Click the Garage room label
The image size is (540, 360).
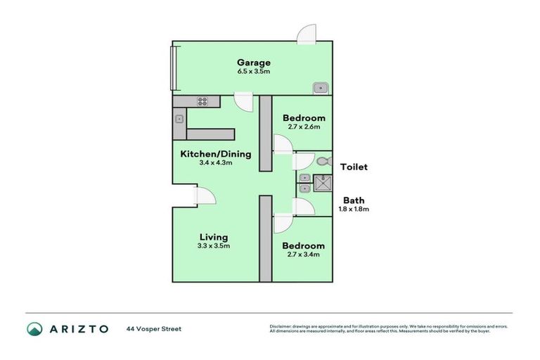[253, 63]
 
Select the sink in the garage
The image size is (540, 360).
[321, 87]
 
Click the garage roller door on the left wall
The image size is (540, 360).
[175, 67]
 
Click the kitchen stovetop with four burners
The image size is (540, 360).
[202, 101]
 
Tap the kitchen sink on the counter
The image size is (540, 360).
[179, 120]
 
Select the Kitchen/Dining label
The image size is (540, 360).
[215, 154]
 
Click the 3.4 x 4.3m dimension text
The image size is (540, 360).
[215, 162]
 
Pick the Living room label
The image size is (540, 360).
[213, 237]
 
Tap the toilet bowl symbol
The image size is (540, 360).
[323, 161]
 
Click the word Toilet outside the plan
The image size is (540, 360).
[354, 167]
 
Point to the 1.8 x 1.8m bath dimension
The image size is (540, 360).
[355, 209]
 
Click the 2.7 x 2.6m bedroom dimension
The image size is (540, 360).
[303, 127]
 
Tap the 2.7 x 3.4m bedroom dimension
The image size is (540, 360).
[303, 255]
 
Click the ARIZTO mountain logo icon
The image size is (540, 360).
[34, 328]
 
